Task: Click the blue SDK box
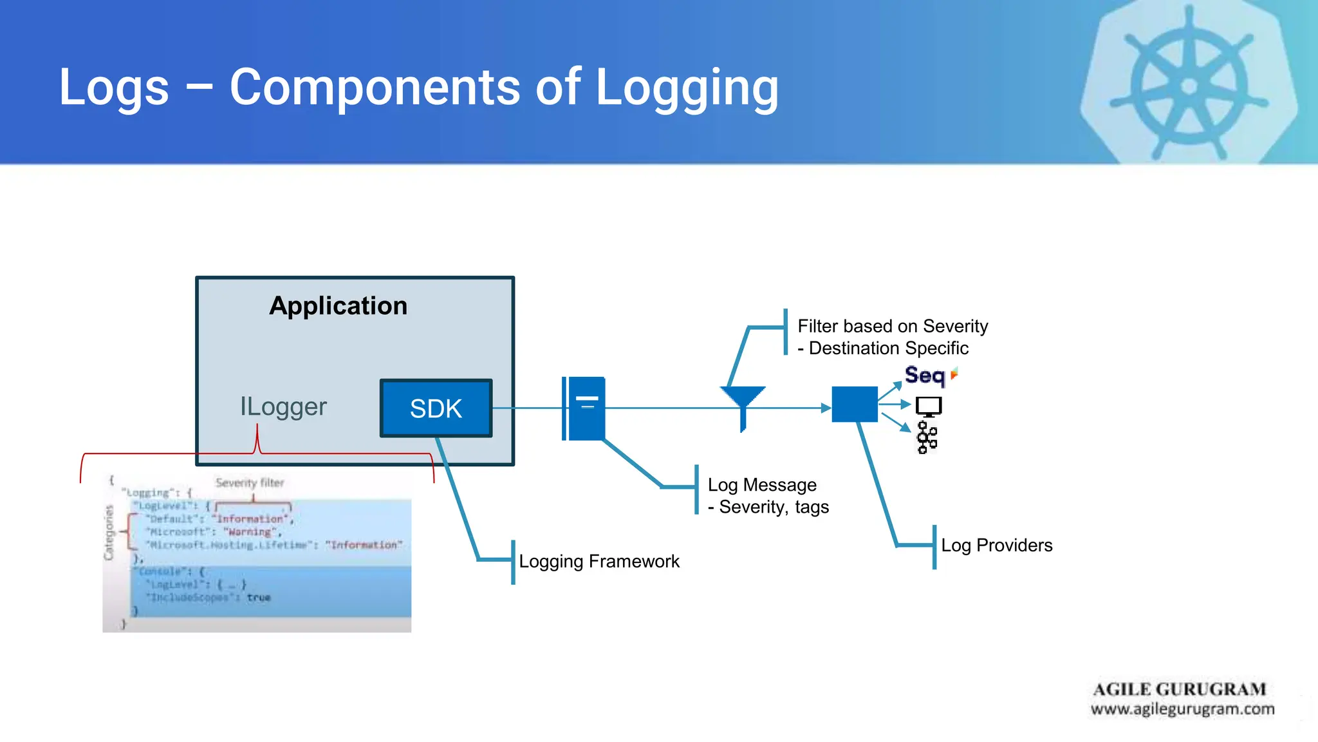point(436,408)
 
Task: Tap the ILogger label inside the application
point(283,406)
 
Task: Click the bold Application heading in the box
point(338,305)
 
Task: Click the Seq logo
point(925,375)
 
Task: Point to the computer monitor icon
point(929,406)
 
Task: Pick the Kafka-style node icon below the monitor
point(927,438)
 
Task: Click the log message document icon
point(584,408)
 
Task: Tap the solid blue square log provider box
point(854,404)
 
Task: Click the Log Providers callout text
point(996,546)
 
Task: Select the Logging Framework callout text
point(599,562)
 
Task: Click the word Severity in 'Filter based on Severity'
point(955,327)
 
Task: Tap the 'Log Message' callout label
point(762,485)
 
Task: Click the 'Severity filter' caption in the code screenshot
point(250,482)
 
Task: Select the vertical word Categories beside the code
point(109,532)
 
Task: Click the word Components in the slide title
point(374,87)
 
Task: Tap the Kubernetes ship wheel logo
point(1189,85)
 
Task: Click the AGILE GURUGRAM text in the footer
point(1179,689)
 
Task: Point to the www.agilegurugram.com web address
point(1182,709)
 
